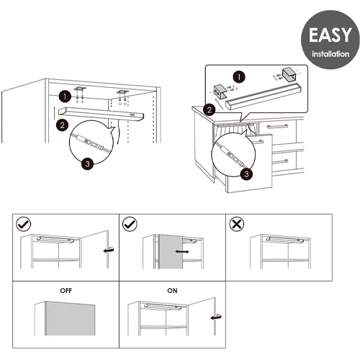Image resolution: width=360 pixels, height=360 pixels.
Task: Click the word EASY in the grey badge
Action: click(330, 35)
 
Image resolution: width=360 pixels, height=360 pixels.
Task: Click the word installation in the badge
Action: click(330, 54)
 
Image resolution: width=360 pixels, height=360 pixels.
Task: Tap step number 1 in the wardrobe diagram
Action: click(65, 96)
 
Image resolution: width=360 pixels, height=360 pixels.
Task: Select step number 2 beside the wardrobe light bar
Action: click(62, 125)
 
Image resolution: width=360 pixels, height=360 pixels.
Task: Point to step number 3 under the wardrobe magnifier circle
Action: click(87, 164)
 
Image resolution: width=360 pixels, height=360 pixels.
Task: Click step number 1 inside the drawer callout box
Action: click(239, 77)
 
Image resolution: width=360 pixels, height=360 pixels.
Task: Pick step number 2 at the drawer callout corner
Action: click(210, 109)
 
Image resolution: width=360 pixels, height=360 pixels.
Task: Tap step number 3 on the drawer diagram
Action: click(246, 174)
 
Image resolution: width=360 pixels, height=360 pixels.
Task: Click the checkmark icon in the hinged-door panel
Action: click(23, 224)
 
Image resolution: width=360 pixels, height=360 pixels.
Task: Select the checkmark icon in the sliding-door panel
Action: click(130, 224)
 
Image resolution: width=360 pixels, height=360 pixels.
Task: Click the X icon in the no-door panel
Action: click(237, 224)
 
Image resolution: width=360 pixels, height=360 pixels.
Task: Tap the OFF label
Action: click(66, 291)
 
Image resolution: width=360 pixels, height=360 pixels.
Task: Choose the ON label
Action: click(172, 291)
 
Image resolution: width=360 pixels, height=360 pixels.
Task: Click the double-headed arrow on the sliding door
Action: click(182, 251)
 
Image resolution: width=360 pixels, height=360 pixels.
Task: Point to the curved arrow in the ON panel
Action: click(216, 317)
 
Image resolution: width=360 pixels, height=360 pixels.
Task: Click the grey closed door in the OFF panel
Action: click(70, 319)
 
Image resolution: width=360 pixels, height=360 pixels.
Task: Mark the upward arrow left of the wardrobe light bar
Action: click(54, 113)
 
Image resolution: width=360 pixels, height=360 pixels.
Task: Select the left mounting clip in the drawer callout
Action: click(220, 91)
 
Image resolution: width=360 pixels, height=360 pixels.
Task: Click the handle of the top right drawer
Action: click(277, 126)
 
